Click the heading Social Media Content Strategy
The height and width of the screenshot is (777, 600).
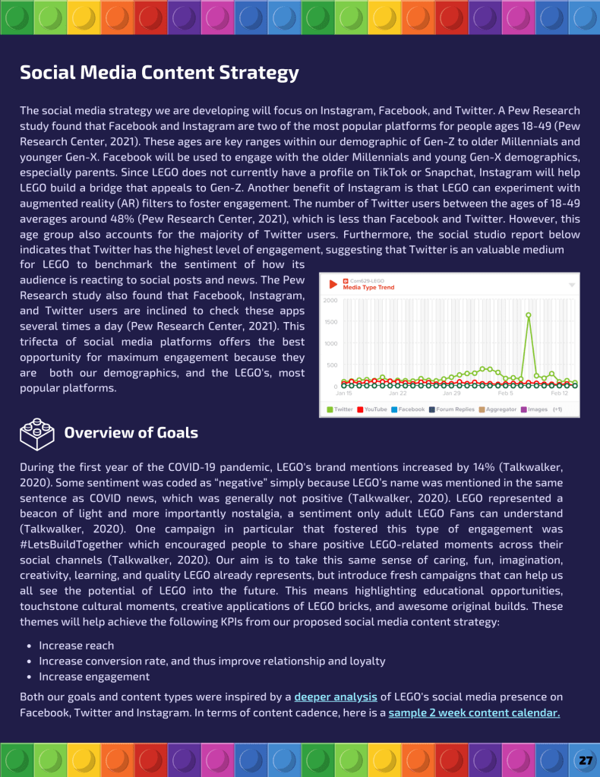click(x=159, y=73)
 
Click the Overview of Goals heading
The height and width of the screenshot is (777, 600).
click(x=131, y=433)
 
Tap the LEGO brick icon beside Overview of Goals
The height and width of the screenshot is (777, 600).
click(x=37, y=434)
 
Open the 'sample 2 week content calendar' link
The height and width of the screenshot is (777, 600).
click(x=474, y=713)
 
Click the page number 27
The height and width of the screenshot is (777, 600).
click(x=585, y=760)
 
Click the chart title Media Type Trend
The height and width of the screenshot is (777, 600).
click(x=369, y=288)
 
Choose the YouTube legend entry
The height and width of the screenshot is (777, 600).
click(x=372, y=409)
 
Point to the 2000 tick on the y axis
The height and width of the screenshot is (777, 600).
click(x=330, y=301)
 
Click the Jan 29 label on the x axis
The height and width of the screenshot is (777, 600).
click(x=452, y=393)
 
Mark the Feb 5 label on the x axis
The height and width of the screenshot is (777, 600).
click(x=505, y=393)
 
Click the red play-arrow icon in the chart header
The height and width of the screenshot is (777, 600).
click(x=333, y=285)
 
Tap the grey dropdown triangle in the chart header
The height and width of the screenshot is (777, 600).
click(x=571, y=285)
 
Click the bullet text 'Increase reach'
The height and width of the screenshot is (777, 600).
click(x=77, y=646)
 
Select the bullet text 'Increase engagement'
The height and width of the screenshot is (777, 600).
click(x=94, y=677)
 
